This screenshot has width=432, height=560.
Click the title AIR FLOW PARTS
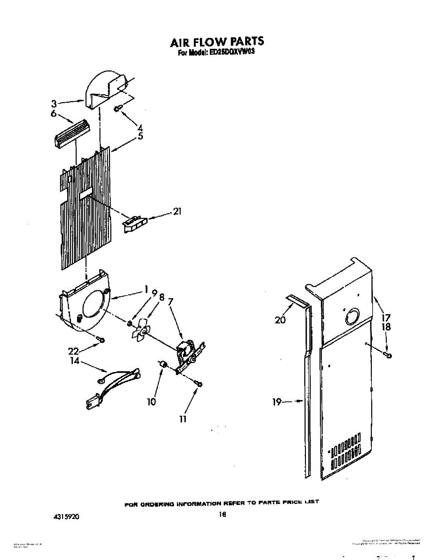[217, 42]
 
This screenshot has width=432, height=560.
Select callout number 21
[177, 211]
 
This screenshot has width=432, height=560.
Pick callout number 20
[280, 320]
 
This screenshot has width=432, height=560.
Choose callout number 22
[74, 351]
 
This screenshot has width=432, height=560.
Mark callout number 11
[183, 419]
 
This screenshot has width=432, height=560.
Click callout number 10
[152, 401]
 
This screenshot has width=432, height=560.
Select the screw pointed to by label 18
[389, 356]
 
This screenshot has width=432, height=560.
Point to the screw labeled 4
[118, 109]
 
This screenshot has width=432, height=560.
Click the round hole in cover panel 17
[351, 317]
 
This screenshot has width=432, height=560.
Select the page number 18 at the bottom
[222, 514]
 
